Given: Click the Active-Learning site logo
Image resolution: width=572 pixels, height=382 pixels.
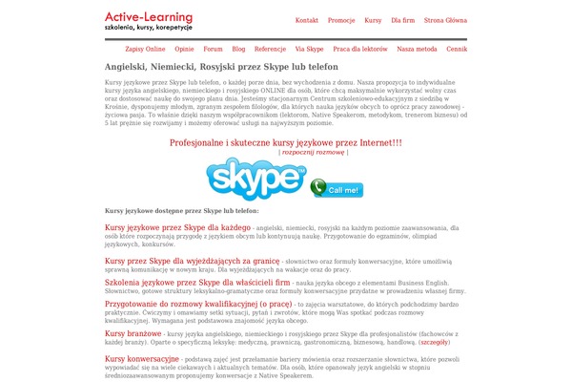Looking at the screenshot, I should [149, 20].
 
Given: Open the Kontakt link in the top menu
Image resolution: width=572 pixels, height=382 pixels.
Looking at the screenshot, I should [307, 20].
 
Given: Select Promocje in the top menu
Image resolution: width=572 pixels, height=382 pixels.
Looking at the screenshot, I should [341, 20].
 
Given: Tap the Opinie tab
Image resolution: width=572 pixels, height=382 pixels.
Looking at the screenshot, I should [185, 48].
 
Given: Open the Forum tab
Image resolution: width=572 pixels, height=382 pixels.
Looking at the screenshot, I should [214, 48].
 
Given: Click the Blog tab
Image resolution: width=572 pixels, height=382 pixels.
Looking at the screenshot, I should [238, 48].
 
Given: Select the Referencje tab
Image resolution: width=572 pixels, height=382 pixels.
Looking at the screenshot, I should [270, 48].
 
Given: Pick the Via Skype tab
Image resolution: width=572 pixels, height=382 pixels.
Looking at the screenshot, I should [308, 48].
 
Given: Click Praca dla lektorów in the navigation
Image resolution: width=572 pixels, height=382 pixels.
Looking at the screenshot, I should [360, 48].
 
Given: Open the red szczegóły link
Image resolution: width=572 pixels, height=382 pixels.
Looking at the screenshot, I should [434, 341].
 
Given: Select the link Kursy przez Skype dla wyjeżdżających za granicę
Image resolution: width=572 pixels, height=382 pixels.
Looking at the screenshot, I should [178, 260].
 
